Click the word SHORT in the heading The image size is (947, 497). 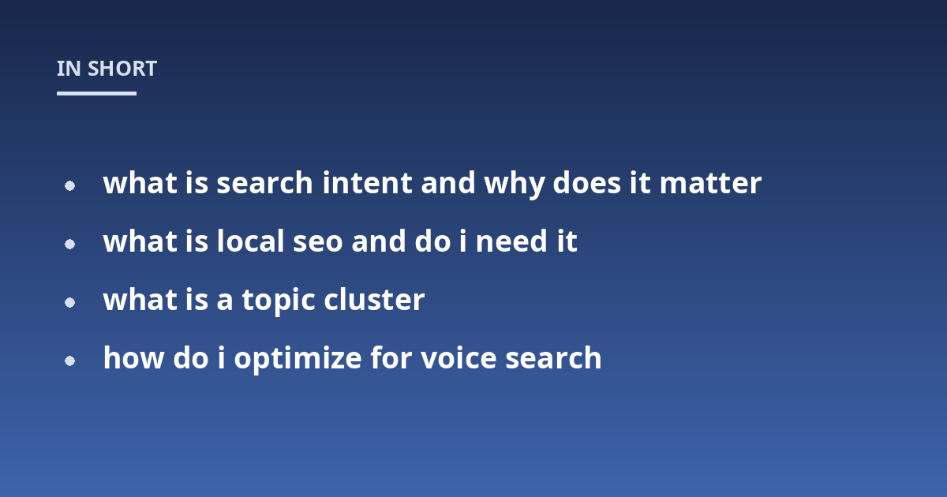122,69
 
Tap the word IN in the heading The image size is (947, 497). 69,69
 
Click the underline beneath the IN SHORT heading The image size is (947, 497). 96,93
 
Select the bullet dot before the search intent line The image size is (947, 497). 69,185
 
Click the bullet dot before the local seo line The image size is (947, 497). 69,245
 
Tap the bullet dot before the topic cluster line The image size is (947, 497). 69,303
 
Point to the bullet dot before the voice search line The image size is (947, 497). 69,361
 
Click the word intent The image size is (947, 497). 368,183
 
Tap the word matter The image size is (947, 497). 711,184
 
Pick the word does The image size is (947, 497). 587,183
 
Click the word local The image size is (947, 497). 251,241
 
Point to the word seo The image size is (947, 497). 318,243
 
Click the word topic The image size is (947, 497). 279,301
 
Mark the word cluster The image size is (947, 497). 374,300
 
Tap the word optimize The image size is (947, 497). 298,359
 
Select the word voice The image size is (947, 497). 459,358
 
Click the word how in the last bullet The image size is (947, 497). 133,358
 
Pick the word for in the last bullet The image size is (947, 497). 391,358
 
